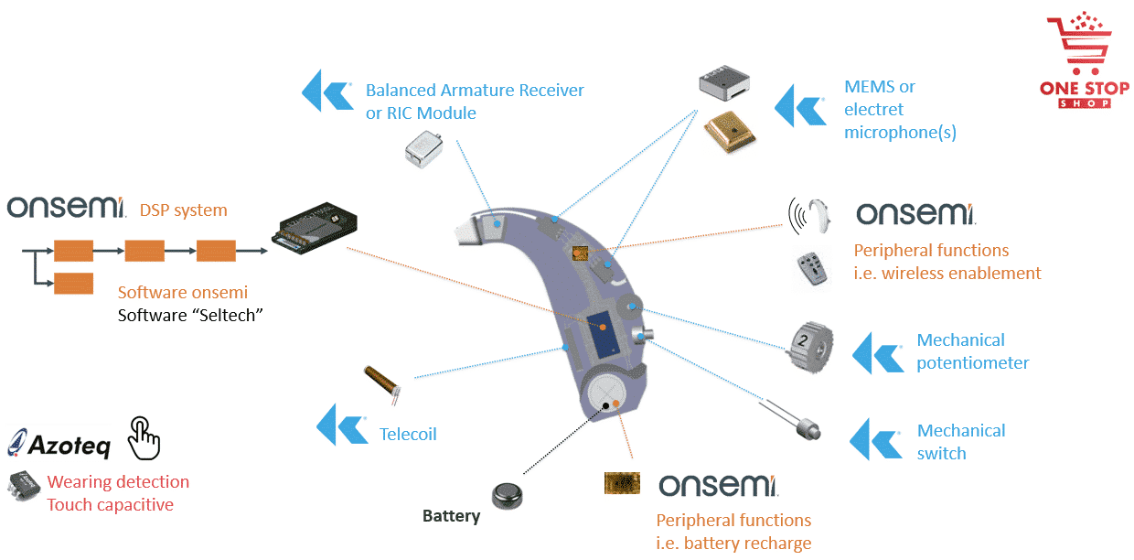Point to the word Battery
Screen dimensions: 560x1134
451,516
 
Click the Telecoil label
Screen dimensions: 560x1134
408,434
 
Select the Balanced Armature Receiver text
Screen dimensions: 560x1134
474,91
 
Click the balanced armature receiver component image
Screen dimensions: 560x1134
425,146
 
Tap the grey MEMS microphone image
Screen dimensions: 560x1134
724,83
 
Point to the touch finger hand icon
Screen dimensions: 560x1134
144,437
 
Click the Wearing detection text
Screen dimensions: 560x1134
118,482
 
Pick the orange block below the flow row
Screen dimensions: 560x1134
73,283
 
